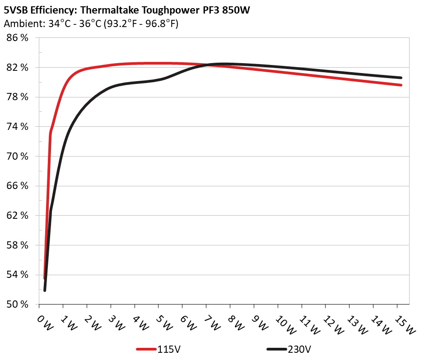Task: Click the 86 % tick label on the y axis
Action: (18, 38)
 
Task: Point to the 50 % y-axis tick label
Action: (18, 304)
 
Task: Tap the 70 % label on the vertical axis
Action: (18, 156)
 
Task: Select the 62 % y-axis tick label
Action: (18, 215)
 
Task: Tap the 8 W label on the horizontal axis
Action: (235, 324)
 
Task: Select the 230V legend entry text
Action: (298, 349)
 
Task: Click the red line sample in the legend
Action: (147, 349)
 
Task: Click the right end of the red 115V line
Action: (401, 85)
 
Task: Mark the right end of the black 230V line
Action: (401, 78)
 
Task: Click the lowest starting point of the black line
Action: (45, 290)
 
